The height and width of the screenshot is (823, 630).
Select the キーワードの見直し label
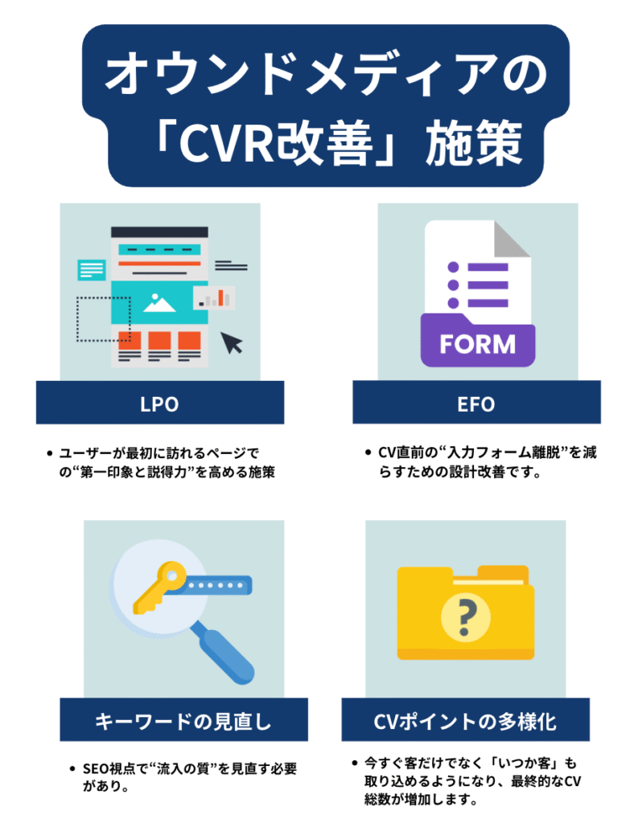pyautogui.click(x=183, y=721)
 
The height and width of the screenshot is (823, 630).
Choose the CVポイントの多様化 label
pyautogui.click(x=464, y=721)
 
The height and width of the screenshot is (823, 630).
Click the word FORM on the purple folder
pyautogui.click(x=477, y=344)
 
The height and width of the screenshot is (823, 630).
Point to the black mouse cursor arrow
pyautogui.click(x=233, y=342)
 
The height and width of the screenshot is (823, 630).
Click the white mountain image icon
pyautogui.click(x=159, y=303)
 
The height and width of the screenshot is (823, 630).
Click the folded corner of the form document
pyautogui.click(x=512, y=239)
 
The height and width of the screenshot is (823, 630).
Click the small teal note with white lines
pyautogui.click(x=91, y=269)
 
